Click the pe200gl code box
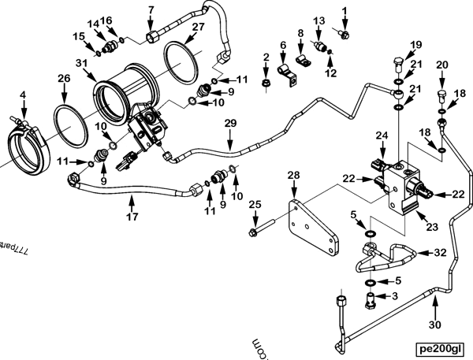point(441,346)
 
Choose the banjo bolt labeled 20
point(443,98)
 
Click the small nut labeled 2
point(267,80)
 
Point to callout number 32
point(440,253)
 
